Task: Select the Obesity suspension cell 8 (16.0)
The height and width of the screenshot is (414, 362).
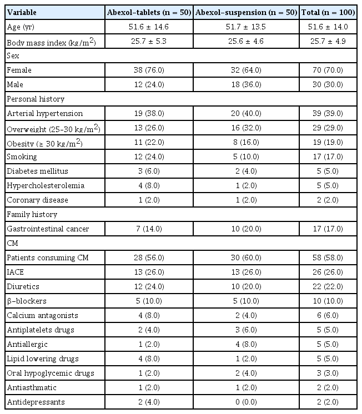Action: tap(247, 142)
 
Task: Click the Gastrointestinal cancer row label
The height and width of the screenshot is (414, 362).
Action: tap(42, 229)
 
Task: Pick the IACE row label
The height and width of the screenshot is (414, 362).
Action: tap(16, 272)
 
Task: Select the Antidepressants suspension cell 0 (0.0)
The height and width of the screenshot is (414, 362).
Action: tap(247, 402)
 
